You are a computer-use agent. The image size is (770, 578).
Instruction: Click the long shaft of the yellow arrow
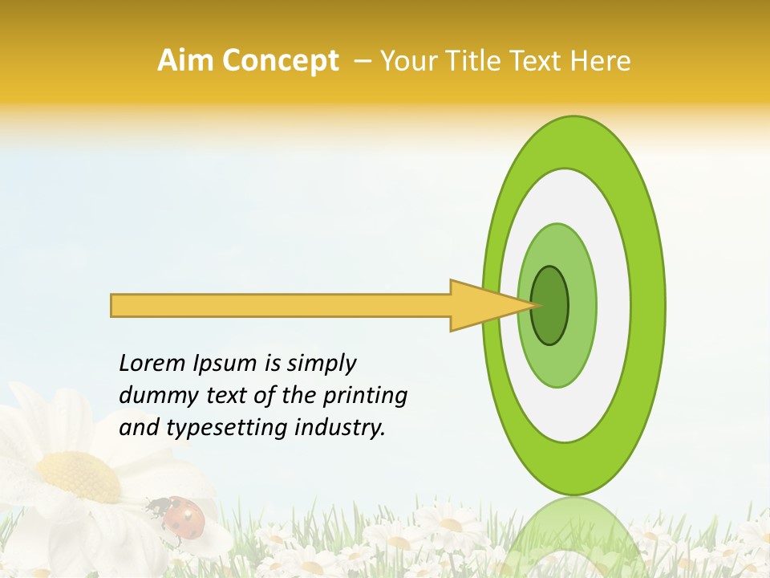(x=281, y=305)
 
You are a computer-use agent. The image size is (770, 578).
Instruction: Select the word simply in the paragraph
(x=321, y=364)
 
